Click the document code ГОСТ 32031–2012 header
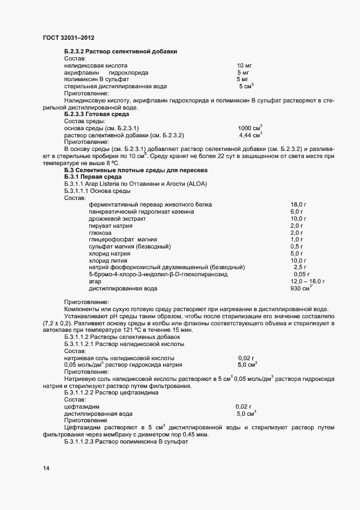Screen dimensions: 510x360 (68, 38)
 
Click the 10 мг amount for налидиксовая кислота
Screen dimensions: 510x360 (244, 65)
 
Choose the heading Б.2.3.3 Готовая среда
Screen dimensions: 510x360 (97, 114)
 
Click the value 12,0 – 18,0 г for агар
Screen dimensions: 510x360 (308, 281)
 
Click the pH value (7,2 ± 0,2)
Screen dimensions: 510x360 (57, 324)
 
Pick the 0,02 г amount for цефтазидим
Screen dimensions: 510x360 (243, 406)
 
